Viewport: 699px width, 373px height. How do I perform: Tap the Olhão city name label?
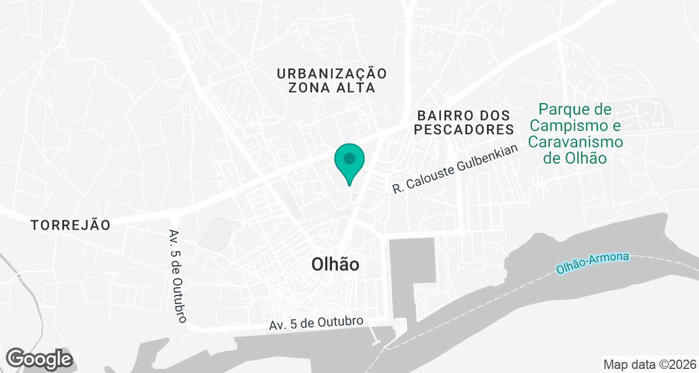[x=335, y=265]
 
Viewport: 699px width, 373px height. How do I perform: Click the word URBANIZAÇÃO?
[x=332, y=73]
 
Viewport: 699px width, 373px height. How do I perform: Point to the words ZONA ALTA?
[x=332, y=88]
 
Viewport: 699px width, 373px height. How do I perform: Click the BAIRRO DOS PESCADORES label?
[x=464, y=122]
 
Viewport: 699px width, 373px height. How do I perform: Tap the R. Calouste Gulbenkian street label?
[x=455, y=169]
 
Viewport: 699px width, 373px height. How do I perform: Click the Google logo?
[x=39, y=358]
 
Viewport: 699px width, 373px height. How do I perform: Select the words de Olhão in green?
[x=575, y=159]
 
